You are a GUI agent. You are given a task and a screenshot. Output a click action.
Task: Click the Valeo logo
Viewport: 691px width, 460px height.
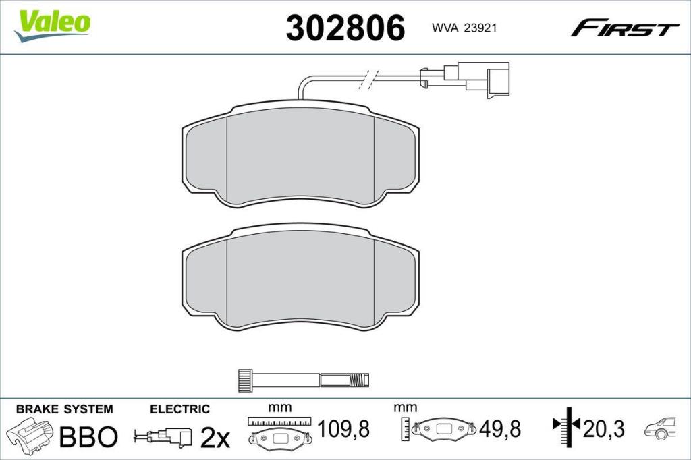53,26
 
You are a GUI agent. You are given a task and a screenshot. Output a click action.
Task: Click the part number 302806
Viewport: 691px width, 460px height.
345,28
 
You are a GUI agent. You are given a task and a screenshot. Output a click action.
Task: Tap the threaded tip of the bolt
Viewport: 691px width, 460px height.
358,380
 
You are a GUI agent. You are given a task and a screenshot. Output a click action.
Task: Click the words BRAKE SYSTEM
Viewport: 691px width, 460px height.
64,409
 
